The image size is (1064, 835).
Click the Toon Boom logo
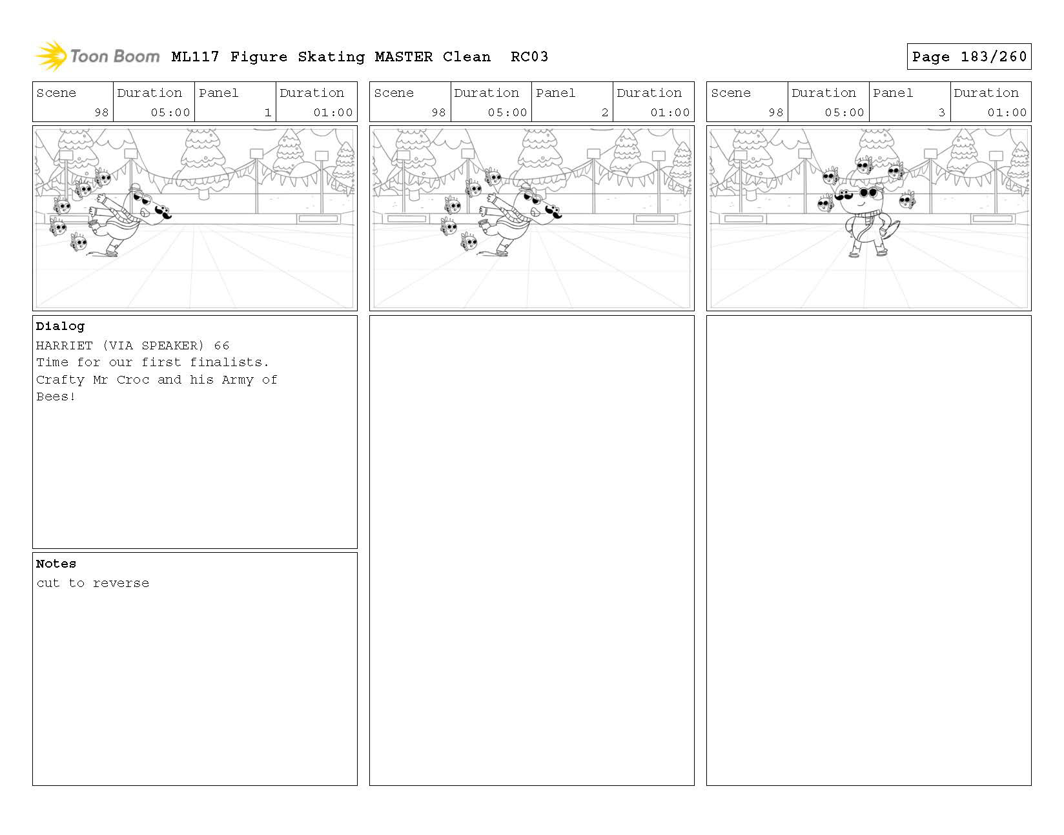click(x=97, y=56)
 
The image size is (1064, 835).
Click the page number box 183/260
click(x=968, y=56)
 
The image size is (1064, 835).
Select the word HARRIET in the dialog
click(x=64, y=345)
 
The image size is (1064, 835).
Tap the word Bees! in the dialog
click(x=56, y=397)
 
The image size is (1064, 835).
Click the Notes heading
click(x=56, y=564)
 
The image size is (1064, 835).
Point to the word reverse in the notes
click(x=121, y=583)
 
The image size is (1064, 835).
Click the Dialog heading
click(x=60, y=326)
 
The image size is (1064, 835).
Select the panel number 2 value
click(x=605, y=112)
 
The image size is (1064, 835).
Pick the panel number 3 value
click(x=941, y=112)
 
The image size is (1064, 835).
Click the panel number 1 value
click(x=268, y=112)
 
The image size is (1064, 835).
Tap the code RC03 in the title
click(x=529, y=57)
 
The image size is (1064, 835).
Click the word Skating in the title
click(x=331, y=57)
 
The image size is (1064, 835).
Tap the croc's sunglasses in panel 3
click(x=868, y=192)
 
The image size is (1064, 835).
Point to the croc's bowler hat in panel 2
click(x=526, y=187)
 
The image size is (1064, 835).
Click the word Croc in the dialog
click(x=133, y=380)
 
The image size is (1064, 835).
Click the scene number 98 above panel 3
click(x=775, y=112)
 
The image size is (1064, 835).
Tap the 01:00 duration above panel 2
click(x=670, y=112)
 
